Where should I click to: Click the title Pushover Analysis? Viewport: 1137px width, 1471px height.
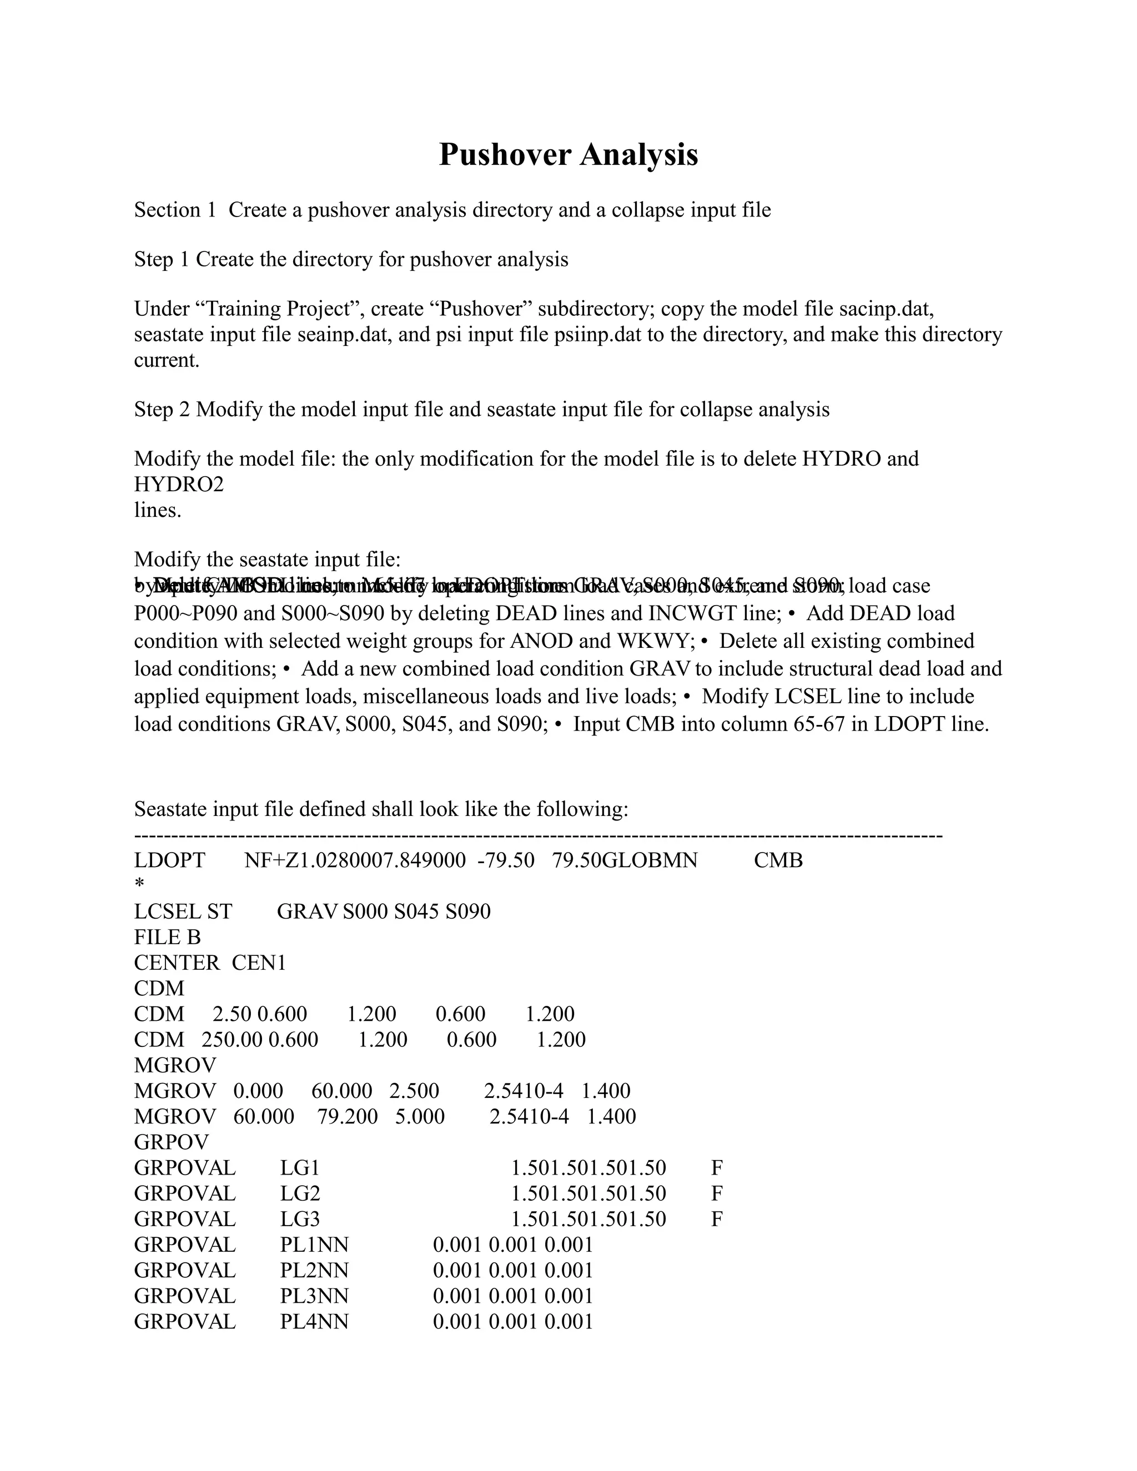568,155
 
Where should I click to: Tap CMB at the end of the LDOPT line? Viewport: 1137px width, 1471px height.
778,861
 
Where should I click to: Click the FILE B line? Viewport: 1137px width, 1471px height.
167,938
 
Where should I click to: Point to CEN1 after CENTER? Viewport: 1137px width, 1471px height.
259,963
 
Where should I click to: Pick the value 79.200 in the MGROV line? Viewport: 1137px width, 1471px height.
347,1117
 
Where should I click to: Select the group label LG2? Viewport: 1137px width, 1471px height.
300,1193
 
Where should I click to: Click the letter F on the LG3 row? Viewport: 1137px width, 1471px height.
717,1219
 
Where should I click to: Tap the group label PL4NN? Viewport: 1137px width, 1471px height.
314,1322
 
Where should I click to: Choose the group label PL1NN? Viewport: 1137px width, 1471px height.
314,1245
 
